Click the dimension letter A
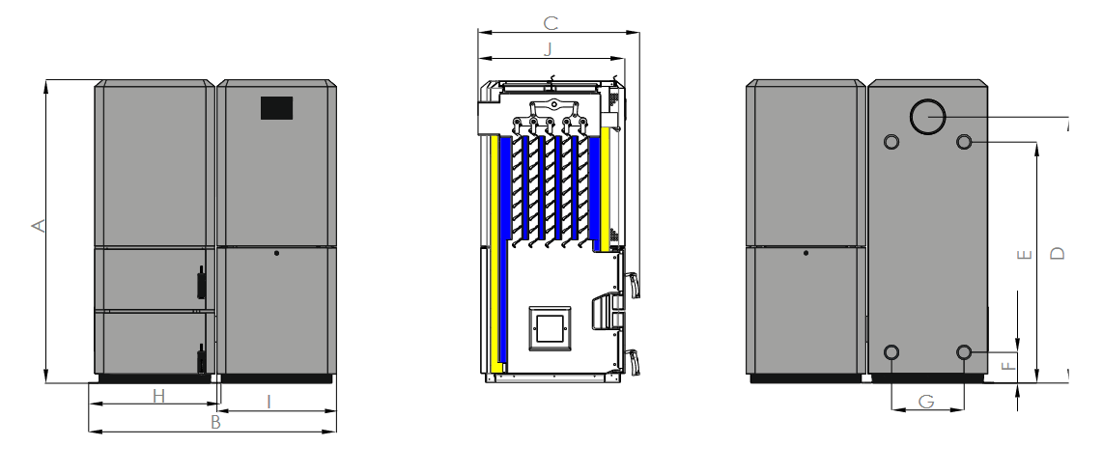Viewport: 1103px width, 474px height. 39,226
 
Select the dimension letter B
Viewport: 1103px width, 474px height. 216,422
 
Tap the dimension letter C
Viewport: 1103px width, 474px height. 551,23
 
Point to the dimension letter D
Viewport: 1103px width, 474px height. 1058,253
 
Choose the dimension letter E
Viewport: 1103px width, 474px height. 1025,254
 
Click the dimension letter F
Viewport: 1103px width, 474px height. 1008,366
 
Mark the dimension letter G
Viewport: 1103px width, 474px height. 927,402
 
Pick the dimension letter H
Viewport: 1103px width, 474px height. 159,396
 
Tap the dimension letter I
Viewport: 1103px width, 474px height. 269,402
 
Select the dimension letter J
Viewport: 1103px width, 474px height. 548,49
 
